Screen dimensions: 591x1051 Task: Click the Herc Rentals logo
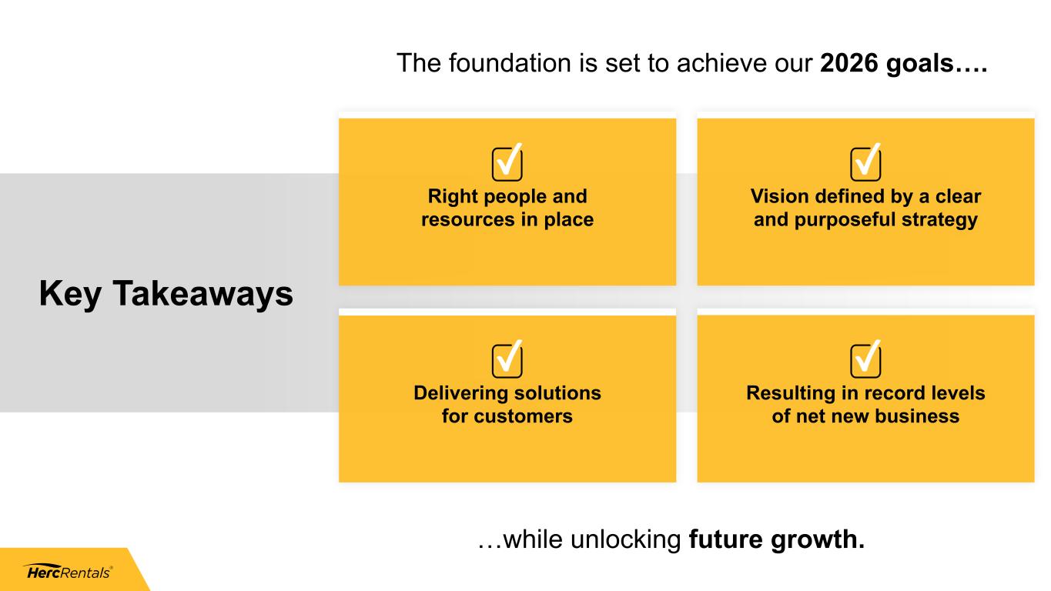(x=69, y=572)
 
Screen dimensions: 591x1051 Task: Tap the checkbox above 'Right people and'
(x=507, y=162)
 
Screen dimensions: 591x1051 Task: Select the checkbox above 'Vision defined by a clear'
(x=866, y=162)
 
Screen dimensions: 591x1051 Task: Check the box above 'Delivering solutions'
(x=507, y=359)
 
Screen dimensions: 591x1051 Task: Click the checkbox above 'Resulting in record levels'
(x=866, y=359)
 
